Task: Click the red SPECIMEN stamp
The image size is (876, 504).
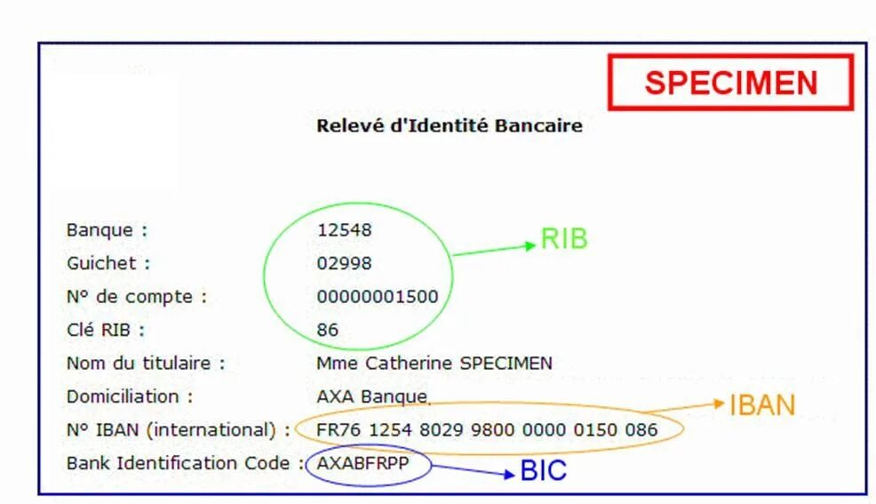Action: [x=730, y=83]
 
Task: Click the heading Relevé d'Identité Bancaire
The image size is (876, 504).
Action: [x=449, y=125]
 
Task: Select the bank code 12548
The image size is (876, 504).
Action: [x=345, y=230]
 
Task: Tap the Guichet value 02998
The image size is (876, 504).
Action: [x=345, y=264]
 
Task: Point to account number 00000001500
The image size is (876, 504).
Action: [x=378, y=297]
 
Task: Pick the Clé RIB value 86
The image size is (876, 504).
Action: [x=328, y=330]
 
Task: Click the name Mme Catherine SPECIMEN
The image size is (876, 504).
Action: [x=434, y=363]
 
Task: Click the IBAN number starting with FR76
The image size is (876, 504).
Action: [x=487, y=430]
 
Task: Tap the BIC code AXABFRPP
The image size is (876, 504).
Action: [x=367, y=463]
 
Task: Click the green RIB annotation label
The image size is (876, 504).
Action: [x=564, y=239]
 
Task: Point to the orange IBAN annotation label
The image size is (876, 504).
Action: [x=762, y=405]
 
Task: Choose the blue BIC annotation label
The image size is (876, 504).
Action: [x=544, y=470]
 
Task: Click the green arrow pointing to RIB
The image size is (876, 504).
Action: [x=494, y=249]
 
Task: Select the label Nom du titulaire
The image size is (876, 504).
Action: [x=146, y=363]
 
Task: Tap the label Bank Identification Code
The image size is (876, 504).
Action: [x=178, y=463]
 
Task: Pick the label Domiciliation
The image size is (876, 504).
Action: [x=130, y=396]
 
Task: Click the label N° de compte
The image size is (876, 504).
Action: [x=136, y=297]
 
